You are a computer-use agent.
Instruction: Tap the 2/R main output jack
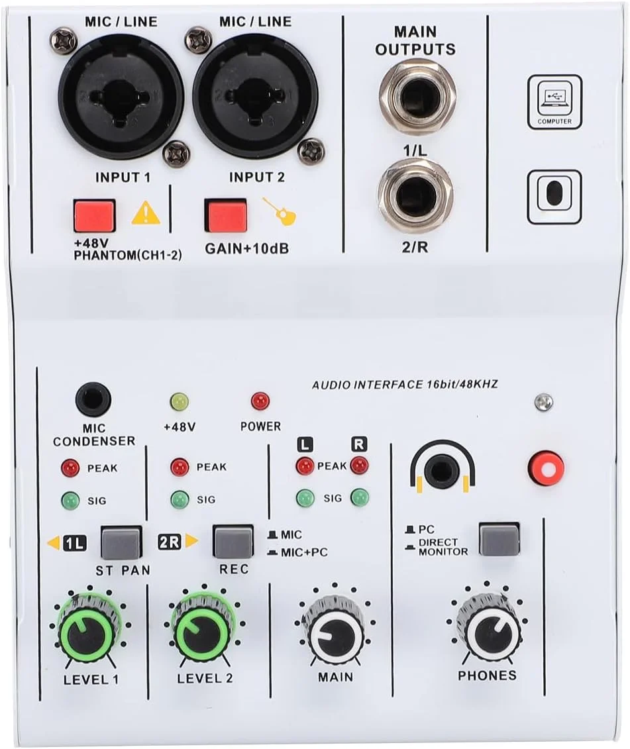[415, 197]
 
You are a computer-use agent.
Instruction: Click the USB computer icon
[554, 102]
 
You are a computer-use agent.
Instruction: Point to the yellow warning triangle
[146, 213]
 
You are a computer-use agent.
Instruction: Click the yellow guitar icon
[281, 212]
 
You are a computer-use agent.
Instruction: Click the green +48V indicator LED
[180, 402]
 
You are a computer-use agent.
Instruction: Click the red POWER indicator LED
[260, 401]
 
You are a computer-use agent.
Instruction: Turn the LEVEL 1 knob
[87, 630]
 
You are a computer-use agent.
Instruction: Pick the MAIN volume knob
[335, 630]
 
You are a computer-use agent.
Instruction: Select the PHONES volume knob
[487, 629]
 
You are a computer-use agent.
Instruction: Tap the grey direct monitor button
[499, 540]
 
